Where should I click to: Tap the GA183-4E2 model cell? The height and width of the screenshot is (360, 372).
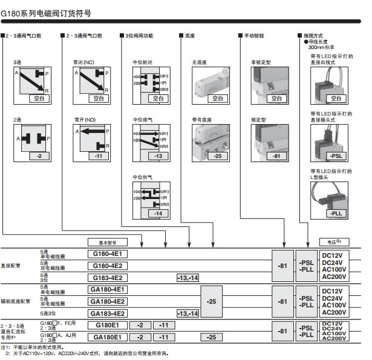[x=108, y=313]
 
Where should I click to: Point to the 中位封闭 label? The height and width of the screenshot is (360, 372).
[x=142, y=62]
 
